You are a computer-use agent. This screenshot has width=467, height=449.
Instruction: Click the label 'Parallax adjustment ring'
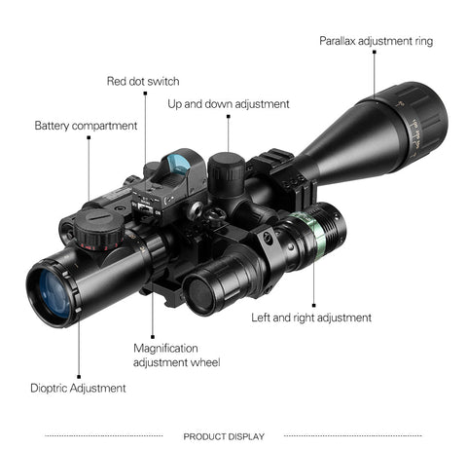click(x=376, y=41)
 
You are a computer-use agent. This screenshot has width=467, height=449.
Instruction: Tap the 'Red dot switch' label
click(x=143, y=81)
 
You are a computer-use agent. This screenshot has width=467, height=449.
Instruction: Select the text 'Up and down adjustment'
click(x=229, y=104)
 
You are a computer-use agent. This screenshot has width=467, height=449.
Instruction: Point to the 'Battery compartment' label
click(x=86, y=126)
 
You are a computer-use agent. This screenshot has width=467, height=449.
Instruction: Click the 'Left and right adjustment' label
click(x=311, y=318)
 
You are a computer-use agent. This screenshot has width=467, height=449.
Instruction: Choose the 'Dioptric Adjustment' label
click(x=78, y=389)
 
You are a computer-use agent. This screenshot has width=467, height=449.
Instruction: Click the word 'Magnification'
click(x=165, y=349)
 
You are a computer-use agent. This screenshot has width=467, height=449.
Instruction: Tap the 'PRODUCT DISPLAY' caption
click(x=224, y=436)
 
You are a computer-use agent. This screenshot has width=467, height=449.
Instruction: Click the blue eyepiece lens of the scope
click(x=54, y=294)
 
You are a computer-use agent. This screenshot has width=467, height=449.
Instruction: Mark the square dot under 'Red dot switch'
click(x=145, y=94)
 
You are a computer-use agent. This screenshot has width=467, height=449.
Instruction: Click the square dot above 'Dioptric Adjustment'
click(x=79, y=377)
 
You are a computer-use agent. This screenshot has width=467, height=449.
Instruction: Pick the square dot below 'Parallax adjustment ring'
click(x=375, y=52)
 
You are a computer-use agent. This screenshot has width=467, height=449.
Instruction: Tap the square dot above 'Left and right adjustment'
click(x=313, y=306)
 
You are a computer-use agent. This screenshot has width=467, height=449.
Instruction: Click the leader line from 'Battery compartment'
click(x=89, y=169)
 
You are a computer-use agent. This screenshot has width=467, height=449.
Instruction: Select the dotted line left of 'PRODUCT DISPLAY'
click(x=104, y=436)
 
